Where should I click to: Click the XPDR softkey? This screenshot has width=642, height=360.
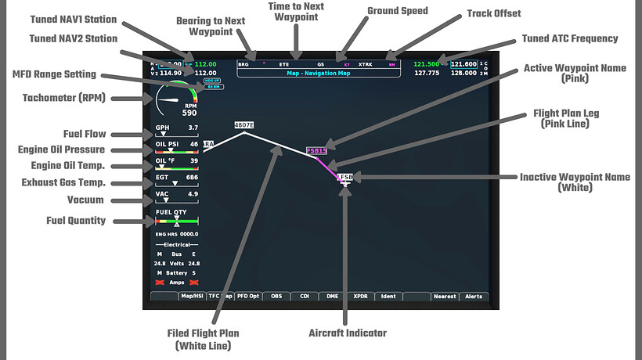pyautogui.click(x=361, y=297)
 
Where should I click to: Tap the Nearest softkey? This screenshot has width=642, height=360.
pyautogui.click(x=445, y=297)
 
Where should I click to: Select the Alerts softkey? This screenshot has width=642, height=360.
pyautogui.click(x=474, y=297)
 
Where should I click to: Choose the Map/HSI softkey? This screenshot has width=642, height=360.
pyautogui.click(x=192, y=297)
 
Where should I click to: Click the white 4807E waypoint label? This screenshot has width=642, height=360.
pyautogui.click(x=244, y=125)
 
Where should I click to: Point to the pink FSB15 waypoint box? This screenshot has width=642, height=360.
pyautogui.click(x=317, y=149)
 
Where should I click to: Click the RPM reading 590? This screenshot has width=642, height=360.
pyautogui.click(x=189, y=113)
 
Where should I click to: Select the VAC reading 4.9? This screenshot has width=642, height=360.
pyautogui.click(x=193, y=193)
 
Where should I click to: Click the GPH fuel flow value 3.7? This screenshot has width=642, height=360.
pyautogui.click(x=193, y=128)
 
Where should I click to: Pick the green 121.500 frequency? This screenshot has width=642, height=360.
pyautogui.click(x=426, y=64)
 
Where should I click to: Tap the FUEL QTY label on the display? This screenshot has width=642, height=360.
pyautogui.click(x=171, y=212)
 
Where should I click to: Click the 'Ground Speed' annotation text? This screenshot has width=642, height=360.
pyautogui.click(x=397, y=12)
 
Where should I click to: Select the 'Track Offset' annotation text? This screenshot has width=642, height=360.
pyautogui.click(x=494, y=13)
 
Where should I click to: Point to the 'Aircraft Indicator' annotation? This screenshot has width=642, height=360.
pyautogui.click(x=348, y=333)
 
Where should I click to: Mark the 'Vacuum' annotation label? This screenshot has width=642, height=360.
pyautogui.click(x=85, y=200)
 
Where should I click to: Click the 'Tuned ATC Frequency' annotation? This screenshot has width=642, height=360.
pyautogui.click(x=570, y=38)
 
